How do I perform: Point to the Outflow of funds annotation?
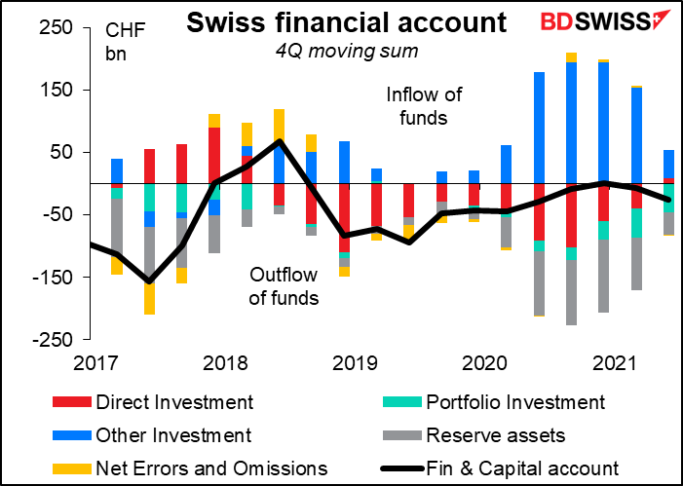(x=284, y=285)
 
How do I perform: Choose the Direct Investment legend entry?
(x=175, y=402)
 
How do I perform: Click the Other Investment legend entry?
(x=174, y=435)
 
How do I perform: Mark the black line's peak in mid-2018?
(x=280, y=141)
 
